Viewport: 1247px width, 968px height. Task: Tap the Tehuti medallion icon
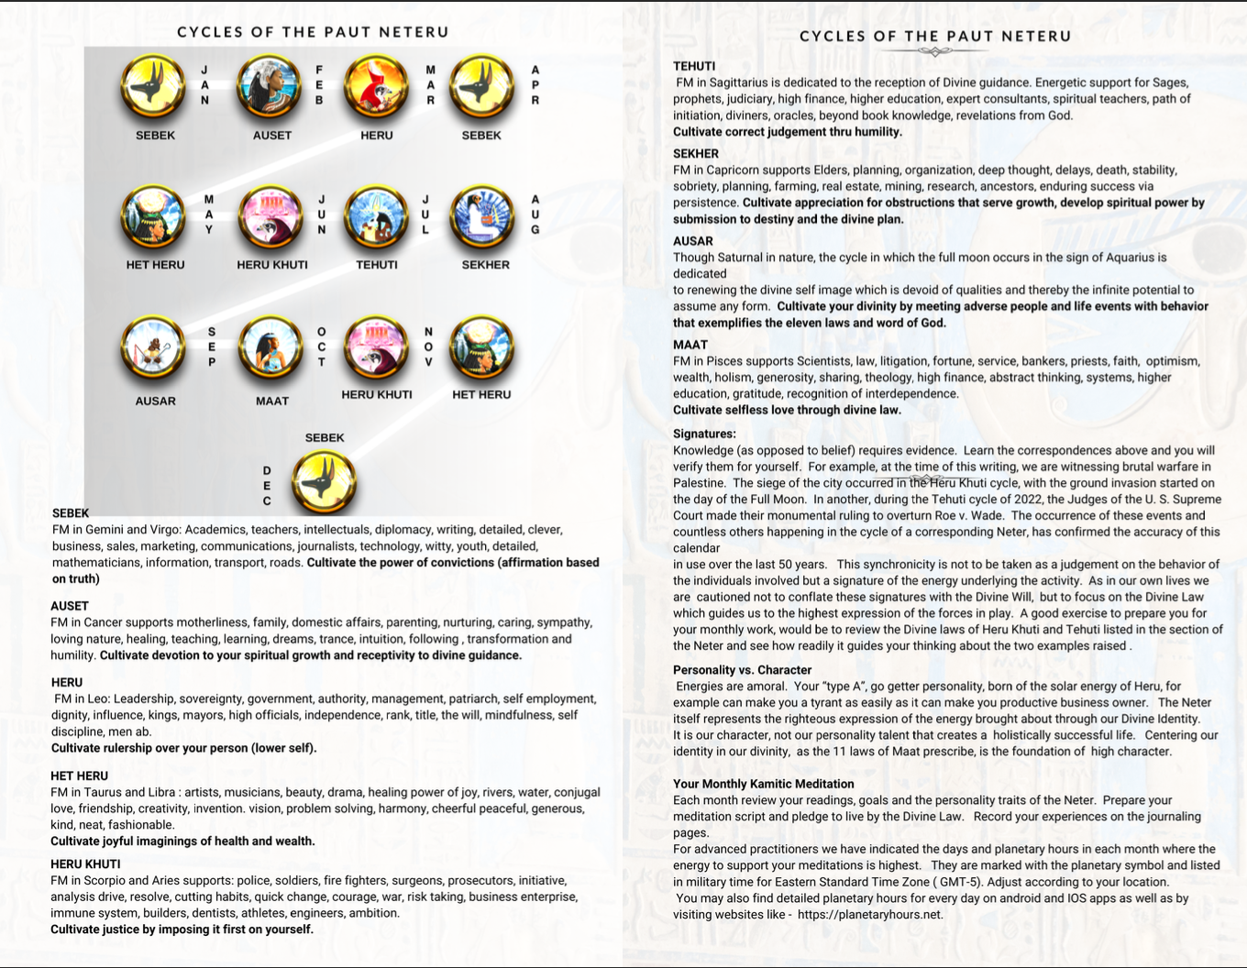point(376,219)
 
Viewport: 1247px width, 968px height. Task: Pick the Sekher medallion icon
point(482,219)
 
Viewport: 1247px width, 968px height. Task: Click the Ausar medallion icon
point(154,349)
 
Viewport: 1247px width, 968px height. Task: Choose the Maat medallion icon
point(271,349)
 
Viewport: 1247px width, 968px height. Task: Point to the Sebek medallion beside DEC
point(324,482)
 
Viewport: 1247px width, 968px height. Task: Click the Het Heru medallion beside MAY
point(154,219)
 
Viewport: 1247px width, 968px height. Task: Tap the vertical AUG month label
point(535,214)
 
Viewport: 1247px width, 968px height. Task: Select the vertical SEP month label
point(212,347)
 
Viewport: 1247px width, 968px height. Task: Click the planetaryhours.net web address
point(869,915)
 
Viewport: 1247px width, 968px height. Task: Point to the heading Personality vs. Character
point(742,670)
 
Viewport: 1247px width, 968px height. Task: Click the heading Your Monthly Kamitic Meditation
point(763,784)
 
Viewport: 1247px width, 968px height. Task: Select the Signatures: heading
point(704,434)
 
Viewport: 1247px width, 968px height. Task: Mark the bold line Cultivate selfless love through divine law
point(787,410)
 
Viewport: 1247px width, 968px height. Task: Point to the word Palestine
point(699,483)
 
